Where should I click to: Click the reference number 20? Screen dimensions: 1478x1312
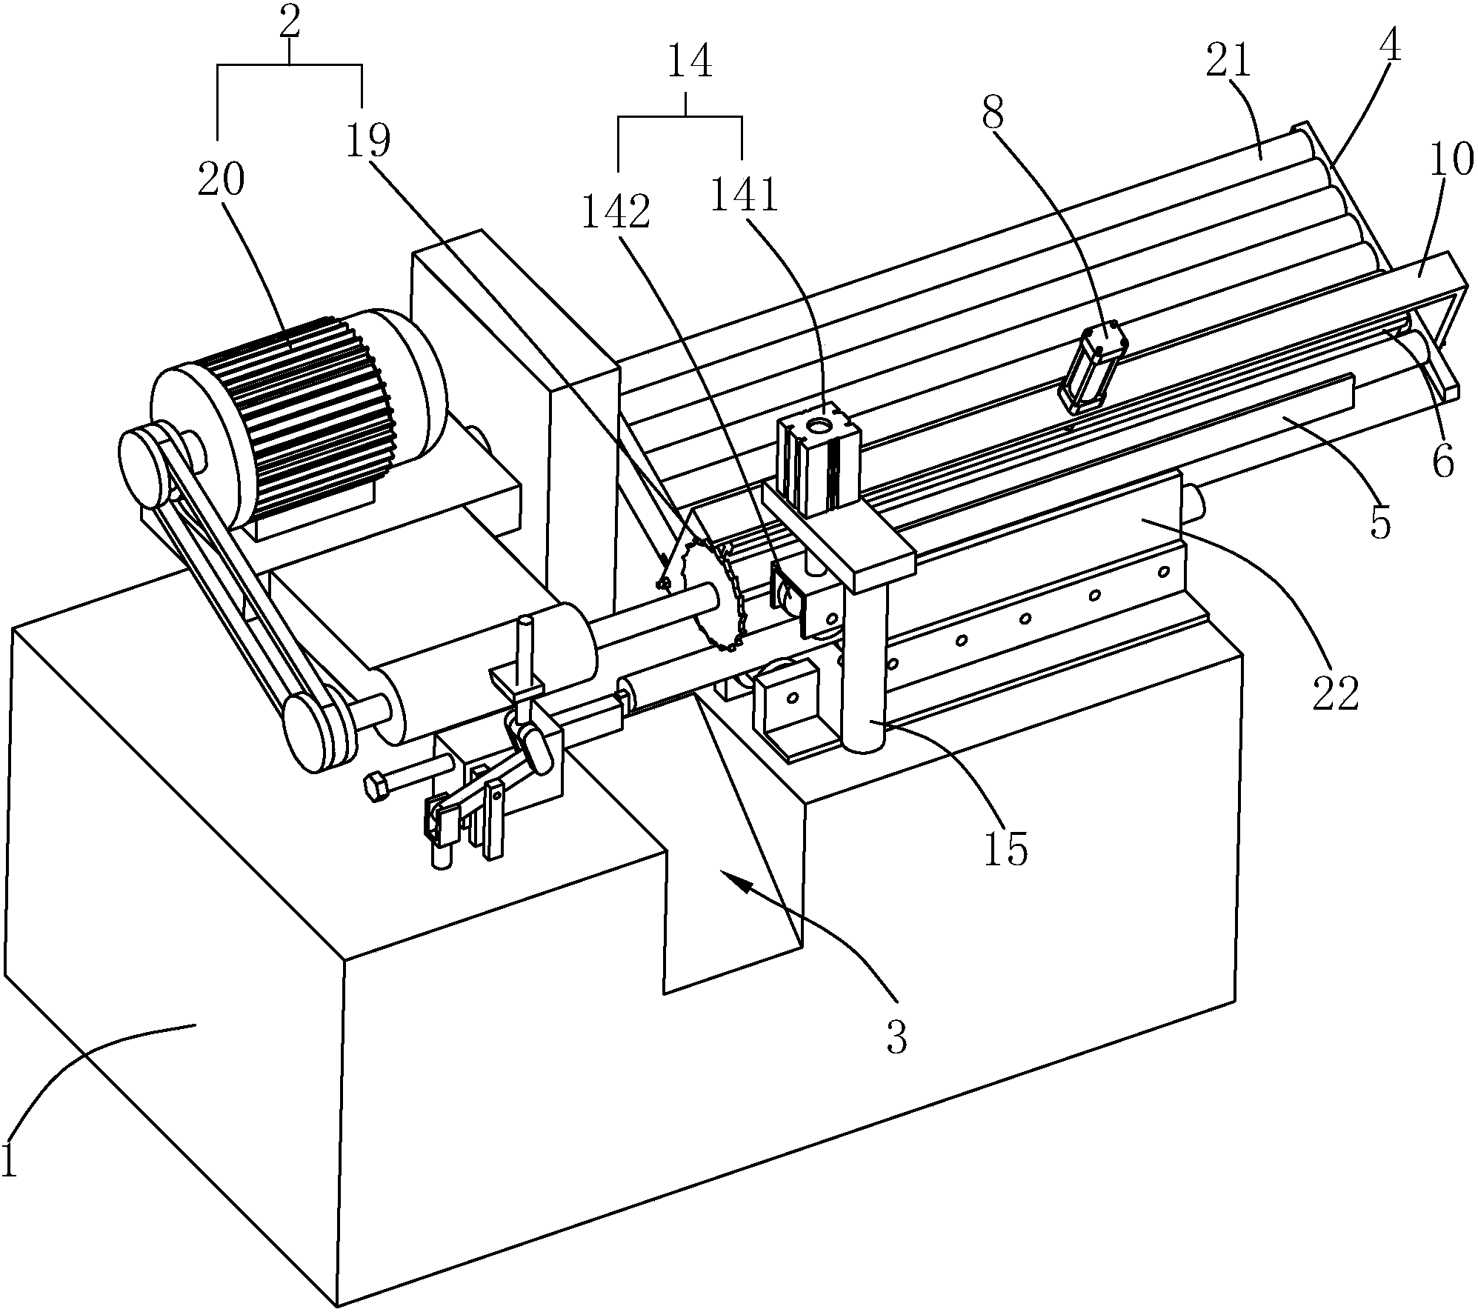coord(221,182)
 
